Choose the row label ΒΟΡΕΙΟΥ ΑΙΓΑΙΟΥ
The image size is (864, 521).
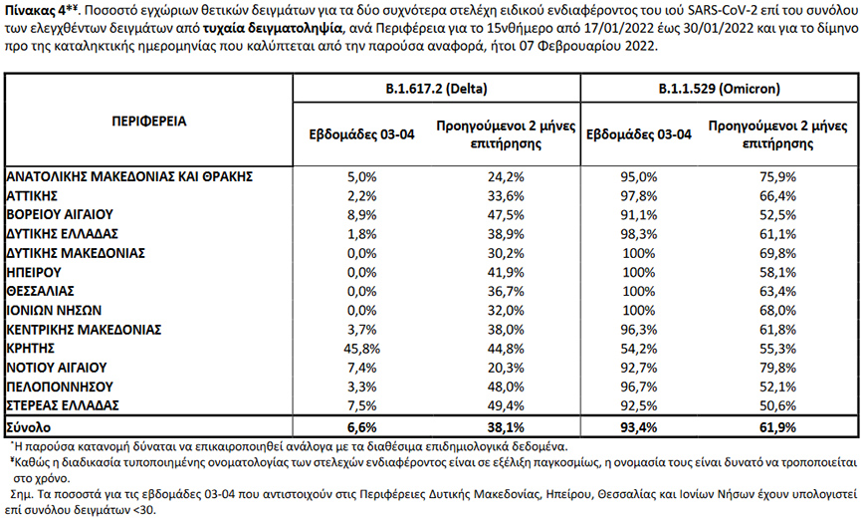tap(60, 213)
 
